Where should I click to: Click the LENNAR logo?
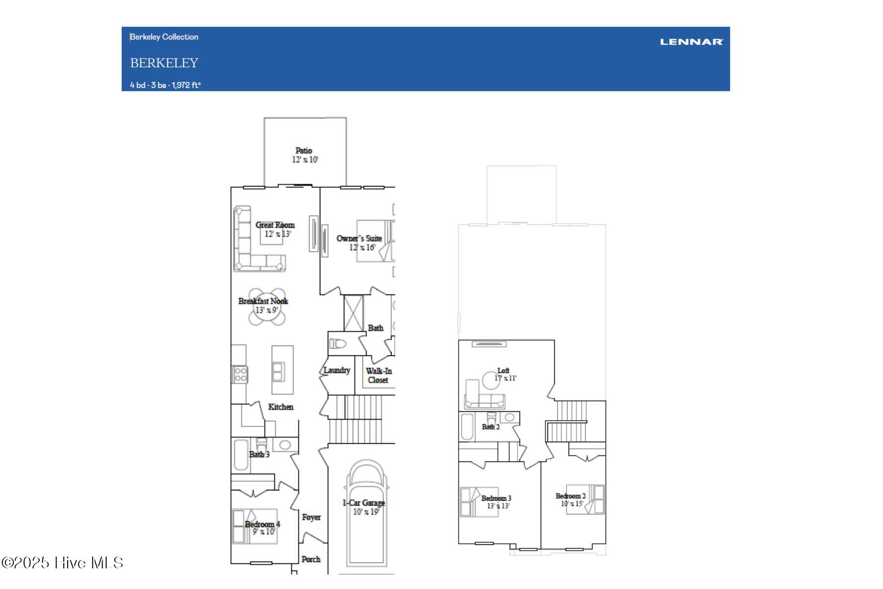tap(691, 42)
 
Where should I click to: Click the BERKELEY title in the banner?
tap(164, 63)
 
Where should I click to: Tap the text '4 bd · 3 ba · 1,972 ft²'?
tap(165, 85)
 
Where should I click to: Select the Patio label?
tap(304, 151)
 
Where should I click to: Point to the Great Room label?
tap(275, 225)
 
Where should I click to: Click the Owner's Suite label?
tap(359, 239)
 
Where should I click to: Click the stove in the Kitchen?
tap(240, 375)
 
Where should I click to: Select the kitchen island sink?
tap(278, 372)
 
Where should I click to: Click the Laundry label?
tap(337, 370)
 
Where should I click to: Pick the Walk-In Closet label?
tap(378, 375)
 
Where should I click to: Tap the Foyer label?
tap(312, 517)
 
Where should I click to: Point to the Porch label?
tap(311, 559)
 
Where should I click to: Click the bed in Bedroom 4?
tap(255, 526)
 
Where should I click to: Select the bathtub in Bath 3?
tap(241, 455)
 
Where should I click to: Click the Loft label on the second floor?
tap(503, 371)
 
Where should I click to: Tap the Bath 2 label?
tap(491, 427)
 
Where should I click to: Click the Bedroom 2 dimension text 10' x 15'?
tap(572, 504)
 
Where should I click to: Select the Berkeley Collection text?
tap(164, 37)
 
